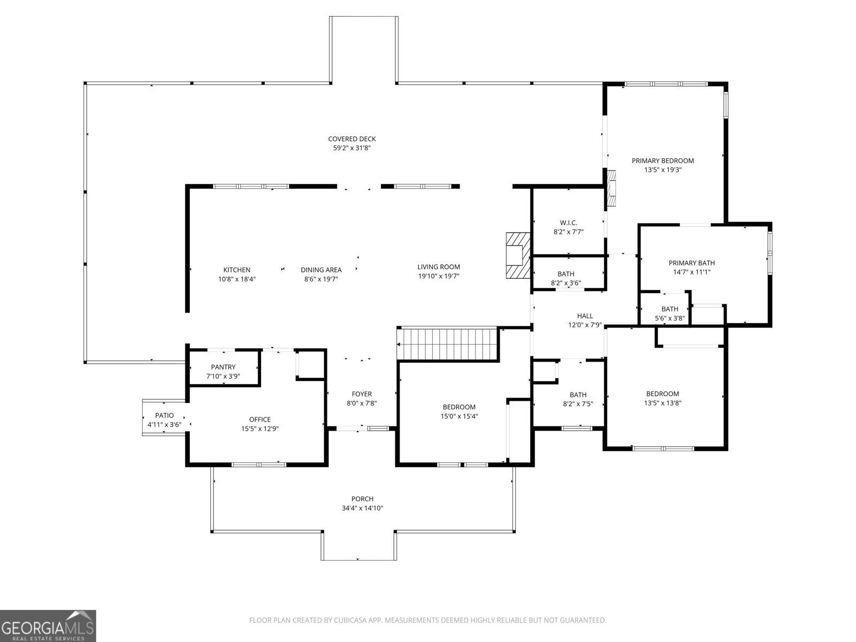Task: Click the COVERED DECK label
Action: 351,139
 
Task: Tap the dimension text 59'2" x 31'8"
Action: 351,148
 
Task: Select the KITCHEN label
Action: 236,270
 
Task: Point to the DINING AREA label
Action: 321,270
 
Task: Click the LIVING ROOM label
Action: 439,267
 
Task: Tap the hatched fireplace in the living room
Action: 518,255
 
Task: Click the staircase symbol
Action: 448,344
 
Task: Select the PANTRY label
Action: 223,367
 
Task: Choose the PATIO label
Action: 164,416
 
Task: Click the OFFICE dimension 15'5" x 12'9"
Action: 259,429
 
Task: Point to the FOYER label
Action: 362,394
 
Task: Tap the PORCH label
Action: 362,499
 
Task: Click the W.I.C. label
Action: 568,223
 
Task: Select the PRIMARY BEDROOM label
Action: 662,160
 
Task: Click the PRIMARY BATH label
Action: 691,263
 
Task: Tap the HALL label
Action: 585,316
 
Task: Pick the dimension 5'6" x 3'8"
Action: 670,318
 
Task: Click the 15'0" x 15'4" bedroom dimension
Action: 459,416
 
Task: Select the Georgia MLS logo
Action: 48,625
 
